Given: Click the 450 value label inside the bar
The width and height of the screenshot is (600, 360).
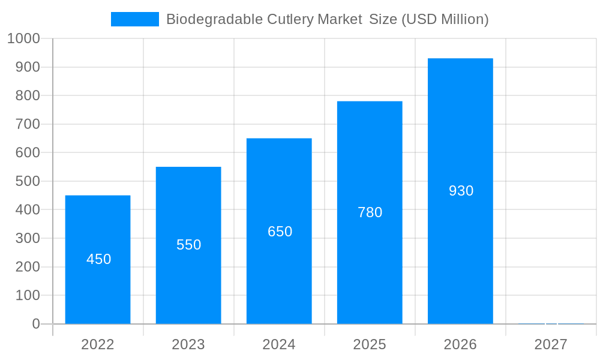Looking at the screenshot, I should pyautogui.click(x=99, y=259).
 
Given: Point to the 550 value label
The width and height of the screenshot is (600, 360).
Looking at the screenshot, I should pyautogui.click(x=189, y=245).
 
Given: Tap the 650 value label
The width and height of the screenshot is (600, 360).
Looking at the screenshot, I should pyautogui.click(x=280, y=232).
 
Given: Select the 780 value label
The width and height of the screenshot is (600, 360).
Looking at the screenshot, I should pyautogui.click(x=370, y=212).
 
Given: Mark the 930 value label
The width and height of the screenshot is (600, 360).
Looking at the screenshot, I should pyautogui.click(x=461, y=191).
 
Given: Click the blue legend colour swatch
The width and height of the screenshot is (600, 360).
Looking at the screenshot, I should pyautogui.click(x=135, y=19).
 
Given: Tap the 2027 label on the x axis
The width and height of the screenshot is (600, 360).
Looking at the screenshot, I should pyautogui.click(x=551, y=344).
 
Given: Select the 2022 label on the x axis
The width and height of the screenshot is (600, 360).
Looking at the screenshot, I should pyautogui.click(x=98, y=344).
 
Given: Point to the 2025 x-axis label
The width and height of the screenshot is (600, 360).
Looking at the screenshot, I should pyautogui.click(x=370, y=344).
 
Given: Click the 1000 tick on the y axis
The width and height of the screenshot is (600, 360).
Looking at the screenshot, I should pyautogui.click(x=23, y=38).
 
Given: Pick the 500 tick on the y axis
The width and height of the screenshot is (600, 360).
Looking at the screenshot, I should pyautogui.click(x=28, y=181).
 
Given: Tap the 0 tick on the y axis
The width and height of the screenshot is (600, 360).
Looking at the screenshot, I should pyautogui.click(x=36, y=324).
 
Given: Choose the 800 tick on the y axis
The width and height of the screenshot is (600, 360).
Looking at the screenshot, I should pyautogui.click(x=28, y=95).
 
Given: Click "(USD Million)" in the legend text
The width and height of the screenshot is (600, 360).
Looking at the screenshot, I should pyautogui.click(x=445, y=19).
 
